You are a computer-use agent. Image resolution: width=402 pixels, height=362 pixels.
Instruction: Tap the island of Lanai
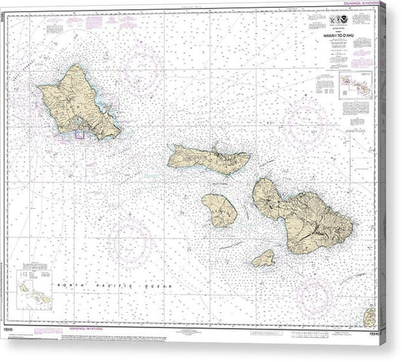(x=219, y=209)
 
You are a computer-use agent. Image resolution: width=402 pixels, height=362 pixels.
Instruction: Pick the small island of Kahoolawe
(x=263, y=259)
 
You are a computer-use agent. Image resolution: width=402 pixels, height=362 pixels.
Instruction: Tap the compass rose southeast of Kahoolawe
(x=315, y=292)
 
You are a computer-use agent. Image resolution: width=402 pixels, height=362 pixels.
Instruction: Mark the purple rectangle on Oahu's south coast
(x=78, y=135)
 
